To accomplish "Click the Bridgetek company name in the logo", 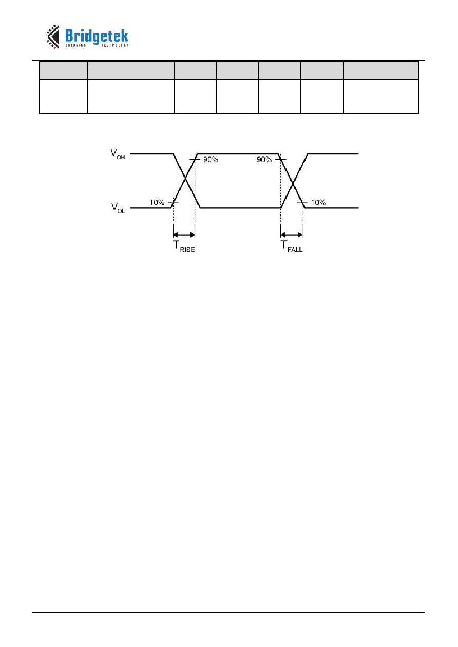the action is click(97, 36).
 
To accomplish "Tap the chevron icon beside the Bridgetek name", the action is click(52, 36).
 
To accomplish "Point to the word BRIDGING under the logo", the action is click(75, 45).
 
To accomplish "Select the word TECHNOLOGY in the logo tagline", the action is click(115, 45).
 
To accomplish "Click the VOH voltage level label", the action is click(118, 154).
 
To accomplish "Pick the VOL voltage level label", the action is click(118, 208).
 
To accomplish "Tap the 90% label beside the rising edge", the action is click(211, 160).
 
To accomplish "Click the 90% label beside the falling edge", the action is click(264, 160).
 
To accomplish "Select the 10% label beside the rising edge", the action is click(157, 202).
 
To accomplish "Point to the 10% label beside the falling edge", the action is click(318, 202).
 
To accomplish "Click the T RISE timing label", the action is click(184, 246).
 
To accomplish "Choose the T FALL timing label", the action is click(292, 246).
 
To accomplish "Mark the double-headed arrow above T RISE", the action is click(184, 235).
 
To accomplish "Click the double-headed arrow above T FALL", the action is click(291, 235).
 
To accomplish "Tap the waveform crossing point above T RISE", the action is click(185, 181).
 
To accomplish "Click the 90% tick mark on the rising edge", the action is click(195, 160).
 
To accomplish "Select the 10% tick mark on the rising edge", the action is click(173, 203).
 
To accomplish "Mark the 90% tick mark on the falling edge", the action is click(280, 160).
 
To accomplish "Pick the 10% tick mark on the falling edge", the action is click(302, 203).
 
